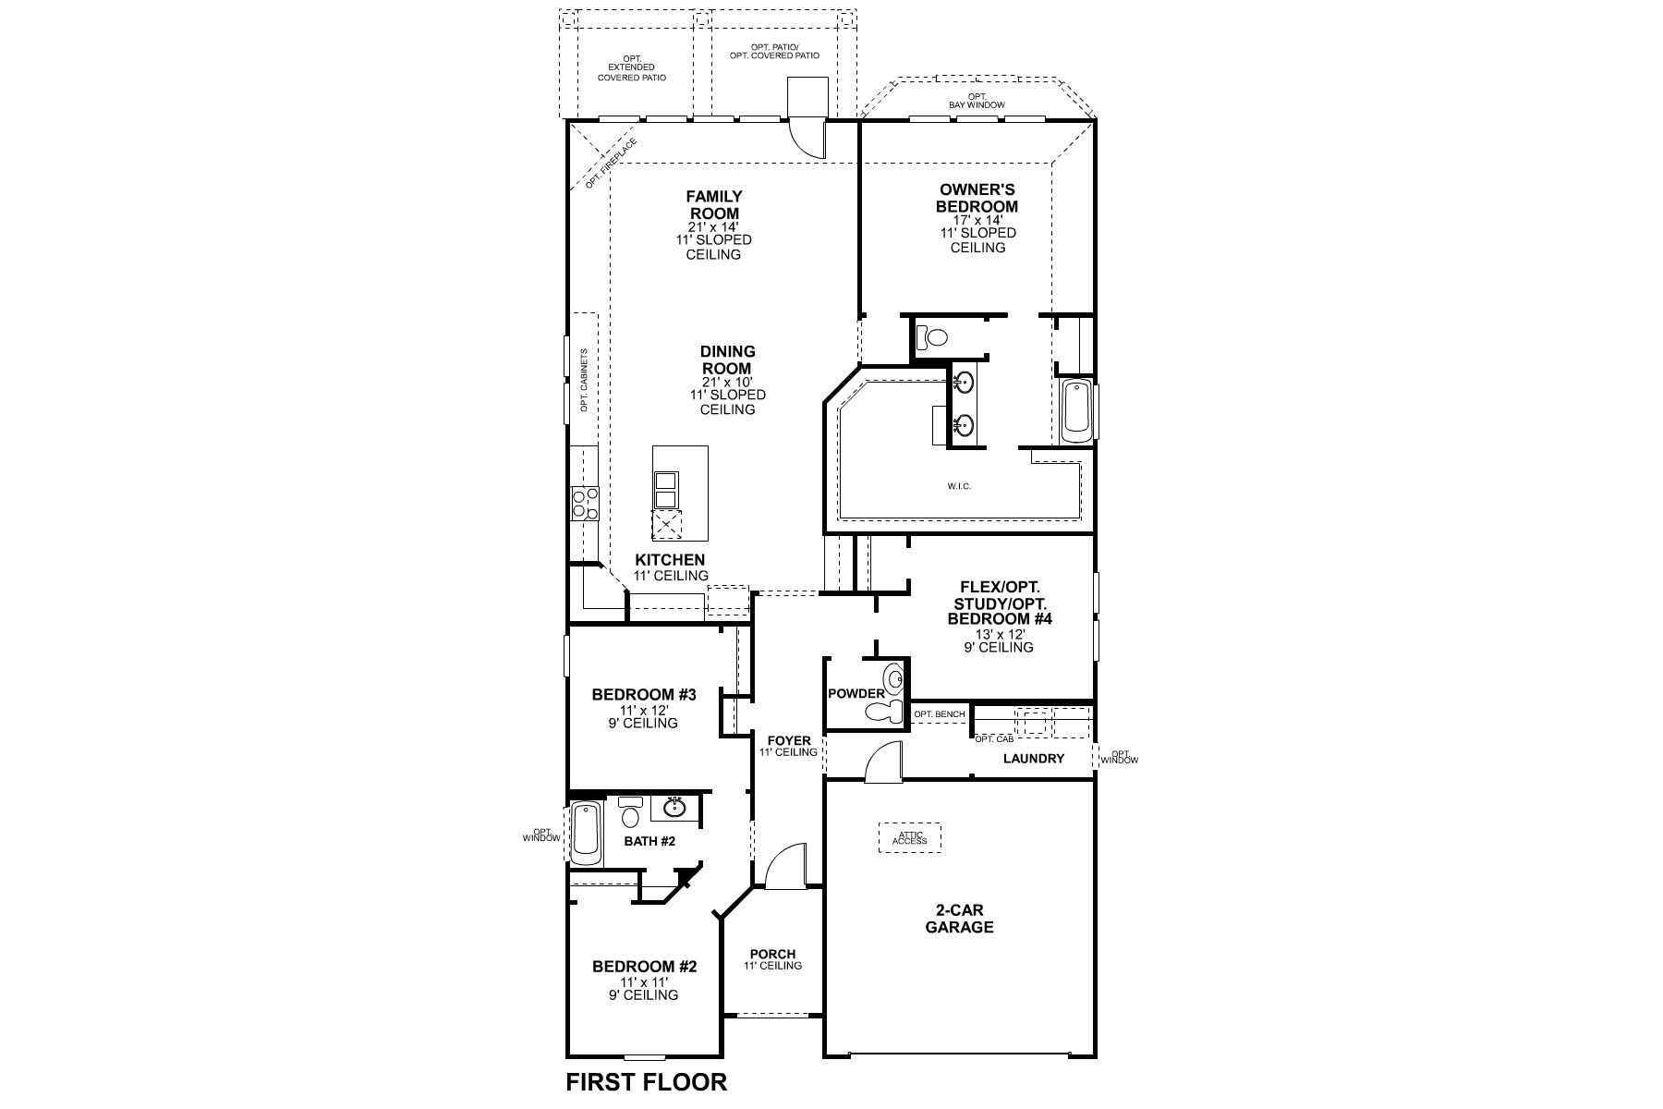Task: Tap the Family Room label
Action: (713, 205)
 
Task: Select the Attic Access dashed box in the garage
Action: (909, 837)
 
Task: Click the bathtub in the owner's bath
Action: (1076, 411)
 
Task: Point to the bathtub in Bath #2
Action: (585, 833)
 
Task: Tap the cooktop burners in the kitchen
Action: (584, 503)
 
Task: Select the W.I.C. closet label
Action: (958, 486)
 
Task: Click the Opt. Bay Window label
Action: (977, 102)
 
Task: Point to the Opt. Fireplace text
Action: (611, 164)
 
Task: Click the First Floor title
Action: (646, 1081)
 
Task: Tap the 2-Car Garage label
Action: (959, 919)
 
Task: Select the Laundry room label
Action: (1034, 759)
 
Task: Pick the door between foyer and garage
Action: (880, 762)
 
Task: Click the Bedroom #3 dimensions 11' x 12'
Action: (643, 710)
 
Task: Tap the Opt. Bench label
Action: (939, 714)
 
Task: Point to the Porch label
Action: (772, 955)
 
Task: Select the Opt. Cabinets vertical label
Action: (584, 380)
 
